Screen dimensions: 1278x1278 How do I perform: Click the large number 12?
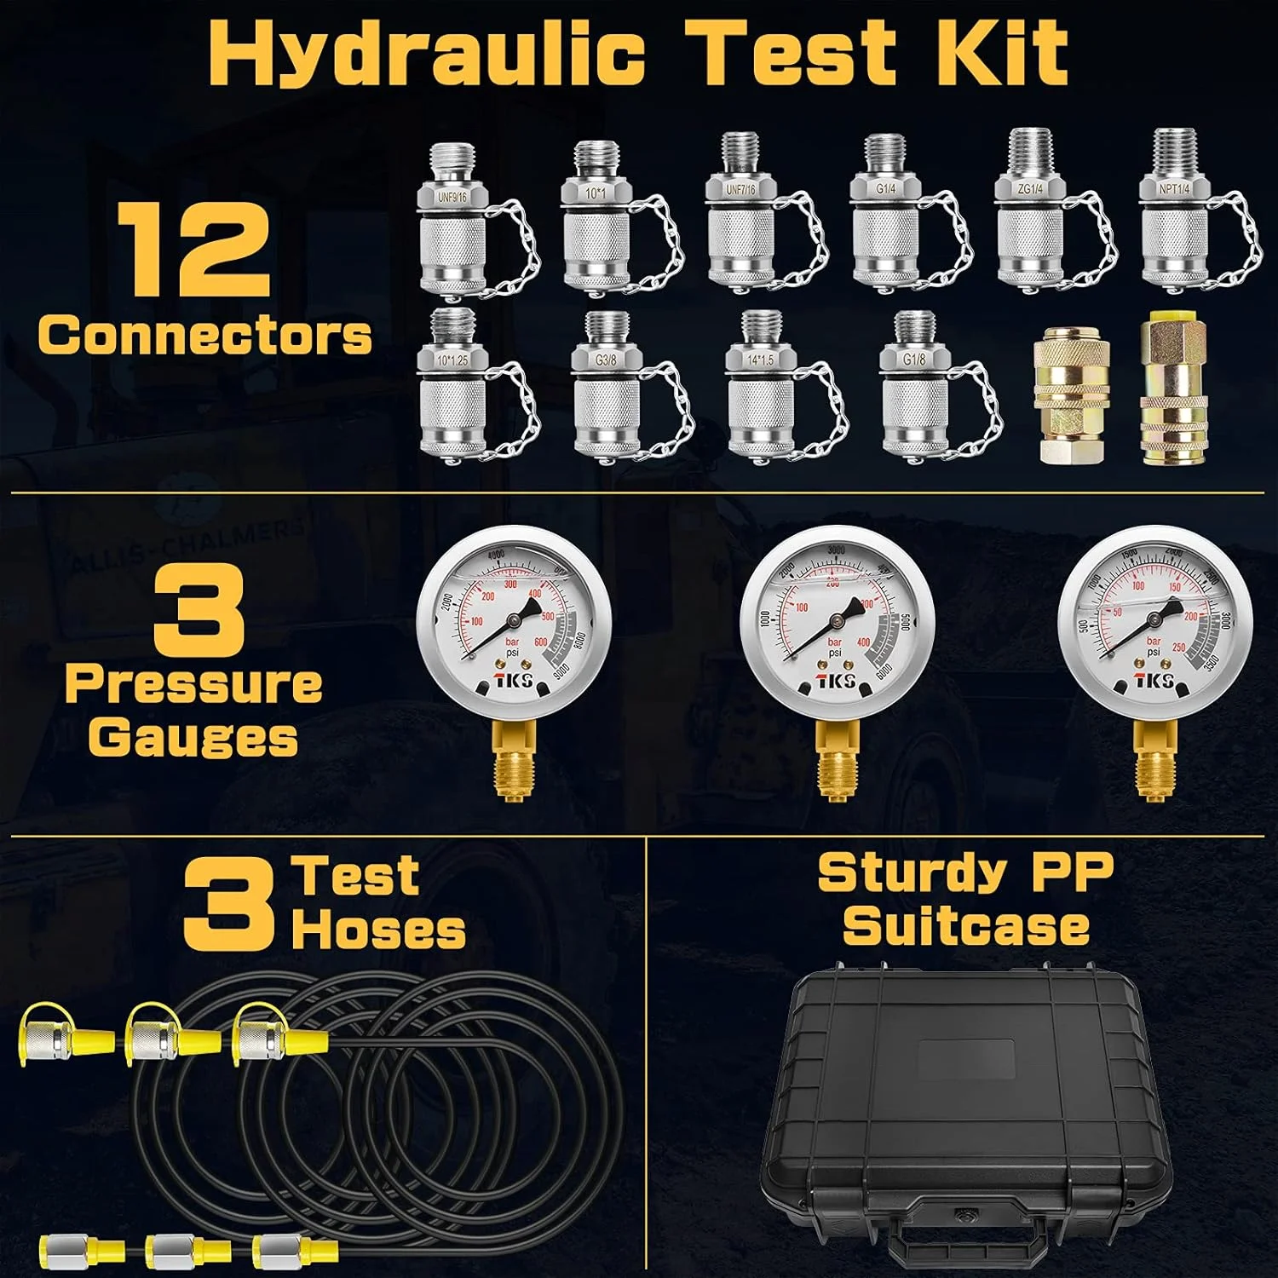pos(193,251)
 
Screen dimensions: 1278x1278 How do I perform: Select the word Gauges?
pos(193,737)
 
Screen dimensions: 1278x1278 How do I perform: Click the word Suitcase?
pos(965,926)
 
